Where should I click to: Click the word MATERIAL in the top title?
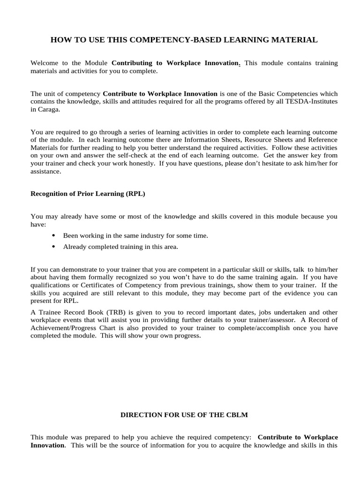(x=294, y=40)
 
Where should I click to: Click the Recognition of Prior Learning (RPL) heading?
(x=88, y=193)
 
